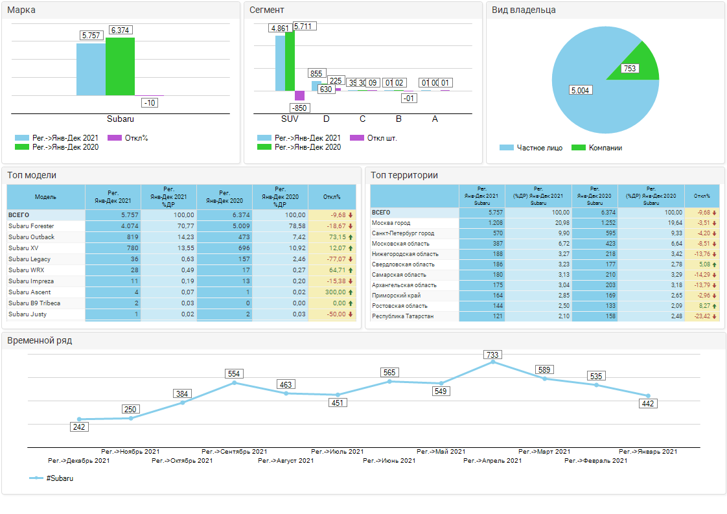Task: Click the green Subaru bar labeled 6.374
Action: point(120,66)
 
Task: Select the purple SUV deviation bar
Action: point(299,96)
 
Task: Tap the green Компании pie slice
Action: point(641,62)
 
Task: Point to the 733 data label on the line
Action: point(492,355)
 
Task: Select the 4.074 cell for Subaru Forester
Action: point(113,226)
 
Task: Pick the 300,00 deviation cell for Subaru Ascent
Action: point(332,292)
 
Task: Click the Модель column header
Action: point(45,196)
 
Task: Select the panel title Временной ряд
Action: point(40,340)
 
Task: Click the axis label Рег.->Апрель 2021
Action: point(492,461)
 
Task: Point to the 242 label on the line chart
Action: point(79,426)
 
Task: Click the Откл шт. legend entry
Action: point(374,138)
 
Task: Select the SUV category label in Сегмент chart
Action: point(290,119)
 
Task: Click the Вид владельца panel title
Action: point(524,10)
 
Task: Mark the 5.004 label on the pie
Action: point(580,90)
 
